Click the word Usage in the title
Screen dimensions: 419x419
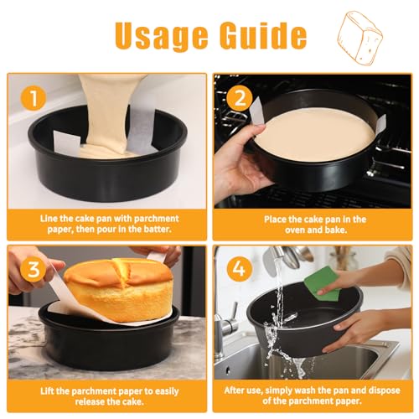[x=162, y=35]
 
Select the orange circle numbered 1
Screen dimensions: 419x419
[x=34, y=98]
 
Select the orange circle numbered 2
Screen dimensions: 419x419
[x=240, y=98]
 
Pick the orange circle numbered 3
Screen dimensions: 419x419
[x=34, y=270]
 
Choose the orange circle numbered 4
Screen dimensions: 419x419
[x=240, y=270]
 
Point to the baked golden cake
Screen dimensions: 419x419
[x=118, y=290]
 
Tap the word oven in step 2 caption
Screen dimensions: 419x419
[x=295, y=230]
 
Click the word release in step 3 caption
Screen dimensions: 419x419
[x=90, y=402]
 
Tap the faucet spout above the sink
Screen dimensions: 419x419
[x=277, y=254]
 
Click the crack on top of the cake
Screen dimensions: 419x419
[x=121, y=270]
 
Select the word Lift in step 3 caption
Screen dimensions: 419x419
[x=47, y=391]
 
